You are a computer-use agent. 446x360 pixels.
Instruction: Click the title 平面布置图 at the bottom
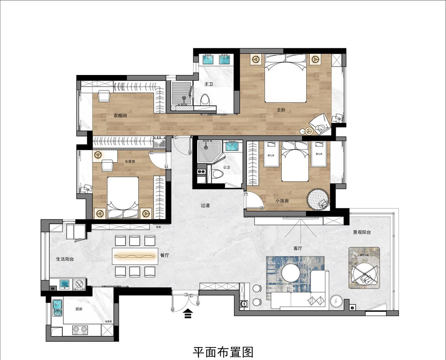(x=223, y=351)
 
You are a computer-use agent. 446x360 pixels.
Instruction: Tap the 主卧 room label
(x=281, y=110)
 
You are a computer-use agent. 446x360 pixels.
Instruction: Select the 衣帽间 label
(x=120, y=116)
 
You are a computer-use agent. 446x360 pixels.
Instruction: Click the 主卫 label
(x=208, y=84)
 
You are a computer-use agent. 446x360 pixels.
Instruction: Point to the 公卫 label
(x=226, y=167)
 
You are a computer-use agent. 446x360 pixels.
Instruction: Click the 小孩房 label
(x=282, y=200)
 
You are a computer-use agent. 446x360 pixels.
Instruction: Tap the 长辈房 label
(x=130, y=161)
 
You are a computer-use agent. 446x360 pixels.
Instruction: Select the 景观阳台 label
(x=362, y=232)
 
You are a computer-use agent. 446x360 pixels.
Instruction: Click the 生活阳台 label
(x=65, y=259)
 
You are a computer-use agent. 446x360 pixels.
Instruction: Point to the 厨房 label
(x=79, y=309)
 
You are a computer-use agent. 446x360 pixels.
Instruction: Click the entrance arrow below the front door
(x=188, y=314)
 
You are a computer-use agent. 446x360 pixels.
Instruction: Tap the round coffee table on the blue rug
(x=291, y=273)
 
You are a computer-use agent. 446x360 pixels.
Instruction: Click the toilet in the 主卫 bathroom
(x=205, y=100)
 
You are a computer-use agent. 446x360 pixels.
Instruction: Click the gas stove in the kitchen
(x=80, y=330)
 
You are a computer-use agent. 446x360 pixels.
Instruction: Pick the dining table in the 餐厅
(x=135, y=256)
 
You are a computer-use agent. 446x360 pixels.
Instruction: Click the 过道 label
(x=205, y=205)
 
